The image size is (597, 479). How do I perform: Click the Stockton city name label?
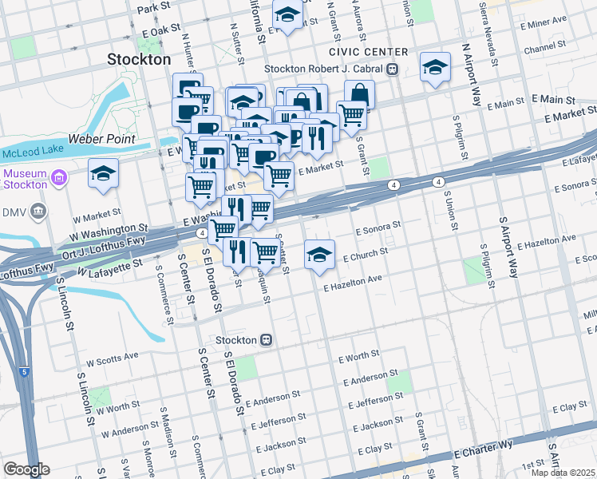139,59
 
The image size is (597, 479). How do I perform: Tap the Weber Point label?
101,139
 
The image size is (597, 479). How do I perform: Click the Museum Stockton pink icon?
59,176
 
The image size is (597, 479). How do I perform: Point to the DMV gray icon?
38,212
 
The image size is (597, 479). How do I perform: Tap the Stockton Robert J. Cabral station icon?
393,69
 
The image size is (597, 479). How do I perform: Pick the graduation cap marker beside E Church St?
319,255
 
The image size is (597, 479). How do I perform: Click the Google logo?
26,469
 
